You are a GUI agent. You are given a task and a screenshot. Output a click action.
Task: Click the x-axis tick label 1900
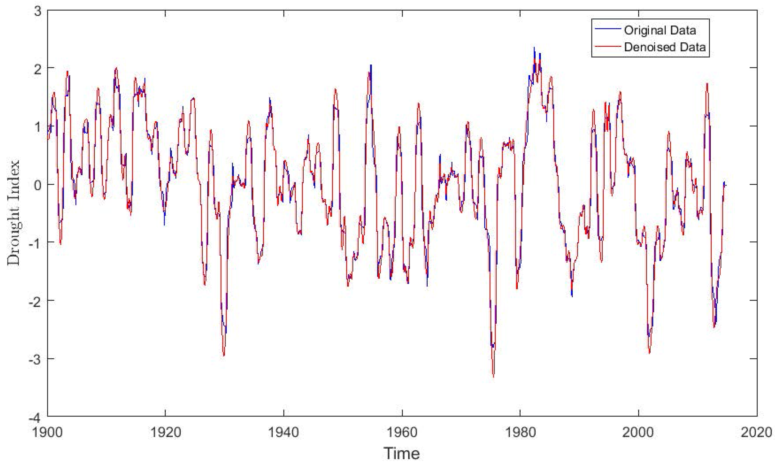(x=47, y=433)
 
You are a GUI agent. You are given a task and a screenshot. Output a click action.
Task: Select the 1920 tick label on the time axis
(x=166, y=433)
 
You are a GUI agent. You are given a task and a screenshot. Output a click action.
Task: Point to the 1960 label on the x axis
(x=402, y=433)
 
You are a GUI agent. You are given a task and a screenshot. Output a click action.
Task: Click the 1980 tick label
(x=520, y=433)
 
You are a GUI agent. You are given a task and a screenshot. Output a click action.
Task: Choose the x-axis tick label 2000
(x=638, y=433)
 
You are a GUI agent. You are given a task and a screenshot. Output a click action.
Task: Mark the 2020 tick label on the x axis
(x=756, y=433)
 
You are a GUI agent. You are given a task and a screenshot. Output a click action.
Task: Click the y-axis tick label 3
(x=38, y=11)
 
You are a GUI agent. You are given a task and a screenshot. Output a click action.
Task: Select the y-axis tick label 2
(x=38, y=69)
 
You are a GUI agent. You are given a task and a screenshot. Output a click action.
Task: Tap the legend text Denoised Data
(x=665, y=47)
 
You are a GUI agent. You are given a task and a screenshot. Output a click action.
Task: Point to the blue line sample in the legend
(x=608, y=30)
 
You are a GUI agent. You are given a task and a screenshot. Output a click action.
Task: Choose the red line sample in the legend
(x=608, y=47)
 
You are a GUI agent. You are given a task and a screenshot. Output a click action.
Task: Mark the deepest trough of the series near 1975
(x=494, y=376)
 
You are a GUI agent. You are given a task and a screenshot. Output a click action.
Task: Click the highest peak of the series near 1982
(x=534, y=48)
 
